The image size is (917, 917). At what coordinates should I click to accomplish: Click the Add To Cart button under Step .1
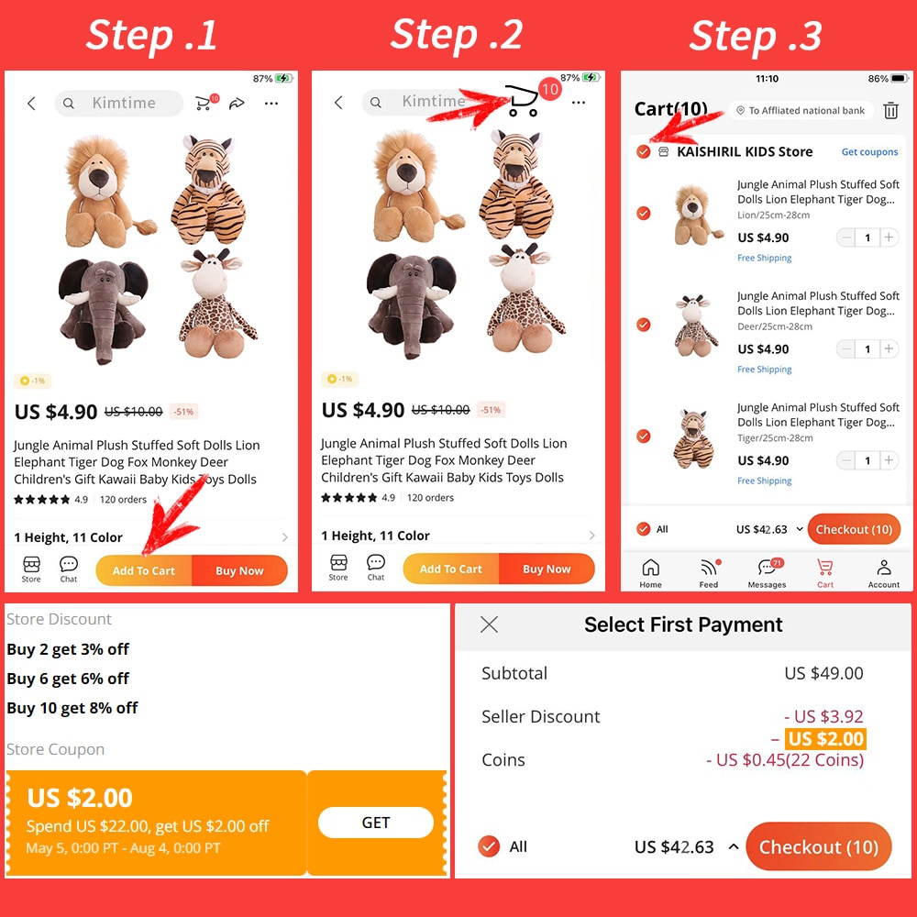point(144,570)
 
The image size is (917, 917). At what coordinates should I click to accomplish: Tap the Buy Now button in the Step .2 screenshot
point(547,569)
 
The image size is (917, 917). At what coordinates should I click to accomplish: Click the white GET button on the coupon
point(375,823)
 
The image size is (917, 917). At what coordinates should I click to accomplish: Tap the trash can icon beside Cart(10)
point(890,111)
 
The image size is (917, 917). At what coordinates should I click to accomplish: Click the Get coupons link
point(869,152)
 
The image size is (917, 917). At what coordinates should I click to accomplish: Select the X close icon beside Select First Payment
point(490,624)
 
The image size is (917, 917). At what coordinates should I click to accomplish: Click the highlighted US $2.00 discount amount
point(826,739)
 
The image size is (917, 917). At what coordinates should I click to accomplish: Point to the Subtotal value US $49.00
point(823,673)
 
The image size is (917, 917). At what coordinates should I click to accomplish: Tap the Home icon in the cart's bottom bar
point(650,571)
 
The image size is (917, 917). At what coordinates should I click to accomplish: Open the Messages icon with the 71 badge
point(768,571)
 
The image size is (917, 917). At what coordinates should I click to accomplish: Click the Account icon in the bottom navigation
point(884,571)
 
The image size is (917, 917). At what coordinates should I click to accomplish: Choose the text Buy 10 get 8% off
point(72,708)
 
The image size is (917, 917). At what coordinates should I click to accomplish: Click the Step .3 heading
point(756,36)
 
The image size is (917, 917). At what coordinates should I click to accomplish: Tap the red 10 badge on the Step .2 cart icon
point(549,89)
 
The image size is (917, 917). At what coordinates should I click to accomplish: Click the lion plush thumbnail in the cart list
point(699,215)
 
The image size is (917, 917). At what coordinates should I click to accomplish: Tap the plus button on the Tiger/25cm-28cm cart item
point(889,460)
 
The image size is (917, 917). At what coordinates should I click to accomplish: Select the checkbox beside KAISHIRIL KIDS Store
point(644,152)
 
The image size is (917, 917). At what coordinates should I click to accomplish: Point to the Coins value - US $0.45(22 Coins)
point(785,760)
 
